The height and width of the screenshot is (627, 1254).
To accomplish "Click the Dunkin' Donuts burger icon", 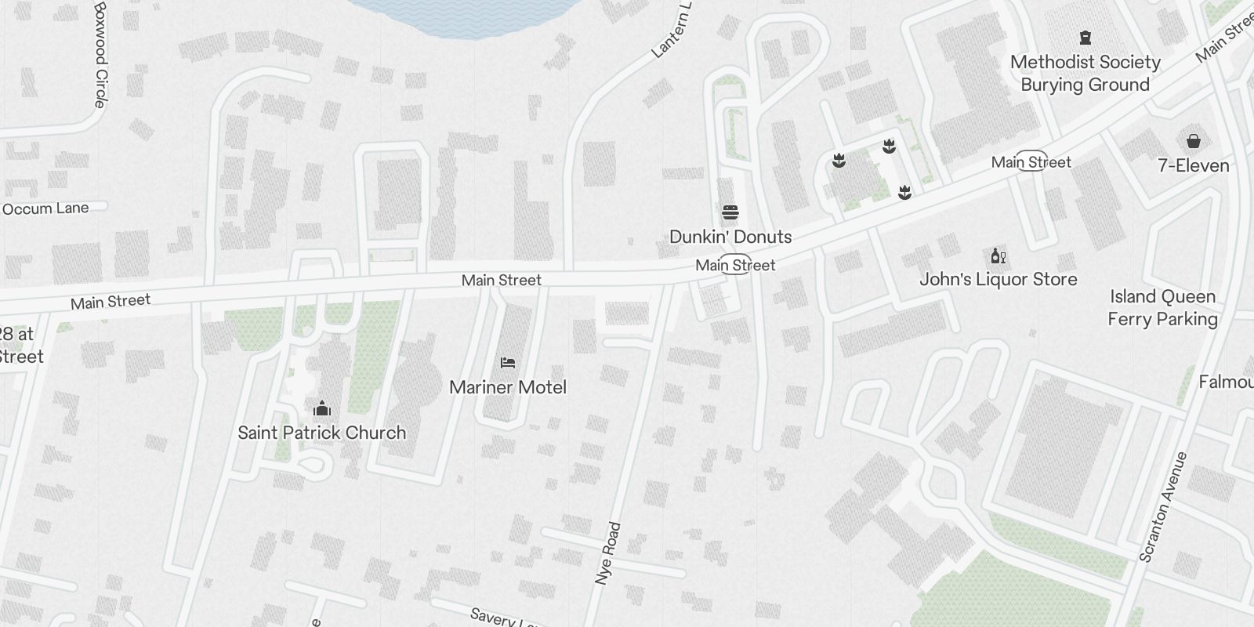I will coord(730,212).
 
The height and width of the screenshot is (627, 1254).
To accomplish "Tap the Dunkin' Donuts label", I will coord(730,237).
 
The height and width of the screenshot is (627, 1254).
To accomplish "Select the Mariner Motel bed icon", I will coord(508,363).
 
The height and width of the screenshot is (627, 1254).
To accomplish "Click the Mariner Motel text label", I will coord(508,387).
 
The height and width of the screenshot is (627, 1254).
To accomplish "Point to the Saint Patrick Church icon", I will coord(321,408).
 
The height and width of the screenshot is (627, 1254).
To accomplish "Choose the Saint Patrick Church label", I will coord(321,433).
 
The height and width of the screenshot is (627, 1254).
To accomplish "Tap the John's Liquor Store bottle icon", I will coord(998,256).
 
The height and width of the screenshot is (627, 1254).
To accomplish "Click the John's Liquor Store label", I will coord(998,280).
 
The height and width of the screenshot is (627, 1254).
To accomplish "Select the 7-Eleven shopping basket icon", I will coord(1193,141).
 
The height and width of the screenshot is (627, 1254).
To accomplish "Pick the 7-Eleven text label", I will coord(1193,165).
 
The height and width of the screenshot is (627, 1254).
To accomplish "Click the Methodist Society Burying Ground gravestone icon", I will coord(1085,37).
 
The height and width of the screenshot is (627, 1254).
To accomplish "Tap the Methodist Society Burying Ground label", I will coord(1085,73).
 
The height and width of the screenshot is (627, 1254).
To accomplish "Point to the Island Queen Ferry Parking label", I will coord(1162,307).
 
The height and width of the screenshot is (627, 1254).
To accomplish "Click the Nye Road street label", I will coord(608,553).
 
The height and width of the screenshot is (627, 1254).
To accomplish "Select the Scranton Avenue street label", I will coord(1164,507).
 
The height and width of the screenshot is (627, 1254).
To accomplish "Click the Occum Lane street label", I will coord(45,208).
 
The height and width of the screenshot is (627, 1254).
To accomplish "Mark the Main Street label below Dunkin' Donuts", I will coord(735,266).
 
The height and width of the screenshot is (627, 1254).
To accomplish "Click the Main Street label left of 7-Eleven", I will coord(1031,162).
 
